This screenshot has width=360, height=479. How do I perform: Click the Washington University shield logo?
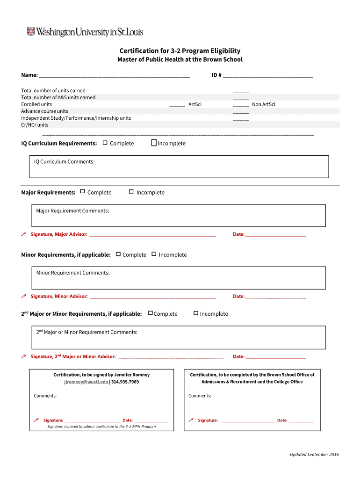31,32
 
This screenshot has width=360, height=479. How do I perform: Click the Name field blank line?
115,76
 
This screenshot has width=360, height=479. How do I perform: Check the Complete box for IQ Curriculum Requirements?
105,143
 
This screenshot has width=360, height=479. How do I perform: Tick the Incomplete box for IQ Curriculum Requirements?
154,143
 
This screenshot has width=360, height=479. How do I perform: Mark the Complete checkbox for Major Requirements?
83,191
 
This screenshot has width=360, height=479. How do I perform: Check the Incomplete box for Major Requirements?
131,191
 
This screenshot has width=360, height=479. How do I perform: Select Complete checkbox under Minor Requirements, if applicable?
118,254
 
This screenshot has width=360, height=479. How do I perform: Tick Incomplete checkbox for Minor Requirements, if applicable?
154,254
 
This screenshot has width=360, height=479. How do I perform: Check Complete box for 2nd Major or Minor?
151,313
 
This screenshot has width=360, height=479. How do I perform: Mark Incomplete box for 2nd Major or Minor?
196,313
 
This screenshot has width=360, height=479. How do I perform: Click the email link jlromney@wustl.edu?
86,382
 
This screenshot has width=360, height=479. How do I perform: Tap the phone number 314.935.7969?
125,382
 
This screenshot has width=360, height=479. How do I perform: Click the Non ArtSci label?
264,104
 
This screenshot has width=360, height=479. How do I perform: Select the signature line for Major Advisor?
152,235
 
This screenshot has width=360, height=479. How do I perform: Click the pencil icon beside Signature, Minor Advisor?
24,296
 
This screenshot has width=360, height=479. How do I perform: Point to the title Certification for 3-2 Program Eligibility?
180,51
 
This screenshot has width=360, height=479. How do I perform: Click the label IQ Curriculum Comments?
64,162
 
